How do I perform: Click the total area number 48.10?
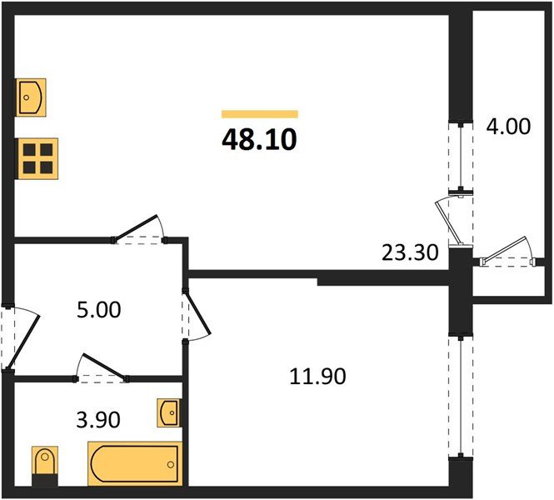(x=259, y=139)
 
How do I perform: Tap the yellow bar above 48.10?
(x=259, y=114)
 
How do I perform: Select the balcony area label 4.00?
(x=507, y=127)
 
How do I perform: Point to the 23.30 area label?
(x=410, y=251)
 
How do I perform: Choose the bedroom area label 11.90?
(x=317, y=376)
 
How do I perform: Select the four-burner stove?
(x=37, y=157)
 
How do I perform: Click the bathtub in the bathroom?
(x=133, y=463)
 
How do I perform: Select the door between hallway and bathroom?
(x=102, y=368)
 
